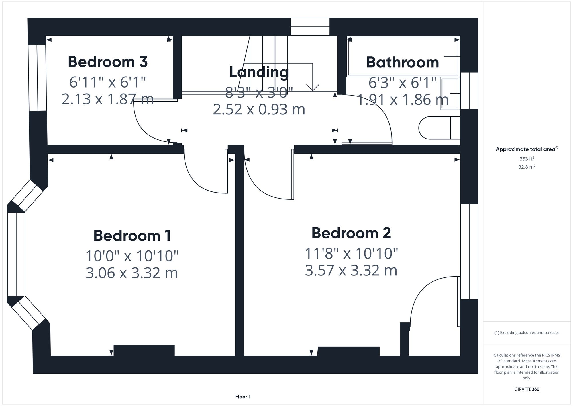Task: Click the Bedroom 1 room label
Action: point(132,236)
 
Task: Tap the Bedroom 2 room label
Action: point(351,233)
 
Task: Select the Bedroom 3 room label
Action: point(108,62)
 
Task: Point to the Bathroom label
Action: point(403,62)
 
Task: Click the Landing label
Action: point(259,72)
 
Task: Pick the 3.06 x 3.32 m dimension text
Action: point(132,273)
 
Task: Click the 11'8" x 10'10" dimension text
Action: point(351,253)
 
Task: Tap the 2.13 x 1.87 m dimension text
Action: point(108,99)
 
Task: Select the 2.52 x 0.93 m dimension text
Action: point(259,109)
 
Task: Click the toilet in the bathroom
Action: point(438,128)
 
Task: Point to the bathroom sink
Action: point(450,94)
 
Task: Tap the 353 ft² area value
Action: point(527,159)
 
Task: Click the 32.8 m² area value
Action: point(527,167)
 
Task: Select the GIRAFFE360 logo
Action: point(527,389)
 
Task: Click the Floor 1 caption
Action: point(243,397)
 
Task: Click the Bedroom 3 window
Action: point(38,78)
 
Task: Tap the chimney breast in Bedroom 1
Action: point(144,350)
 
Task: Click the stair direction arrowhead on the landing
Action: point(312,88)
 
